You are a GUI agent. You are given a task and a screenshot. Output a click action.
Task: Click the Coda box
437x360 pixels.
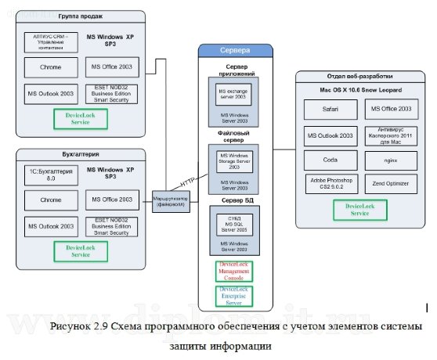click(330, 160)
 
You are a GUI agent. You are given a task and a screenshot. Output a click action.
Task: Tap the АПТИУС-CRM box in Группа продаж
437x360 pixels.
click(50, 41)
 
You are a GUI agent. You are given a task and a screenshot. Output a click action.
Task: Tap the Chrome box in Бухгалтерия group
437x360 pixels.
click(50, 200)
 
